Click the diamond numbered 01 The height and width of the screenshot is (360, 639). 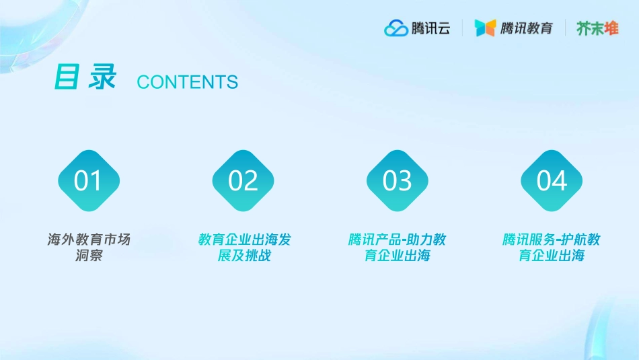coord(88,181)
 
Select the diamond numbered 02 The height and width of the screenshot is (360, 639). coord(243,181)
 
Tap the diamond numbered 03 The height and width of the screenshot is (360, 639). coord(397,181)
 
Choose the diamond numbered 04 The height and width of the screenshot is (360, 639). coord(552,181)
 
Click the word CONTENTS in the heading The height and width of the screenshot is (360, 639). coord(187,82)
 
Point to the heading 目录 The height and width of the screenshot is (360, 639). coord(85,77)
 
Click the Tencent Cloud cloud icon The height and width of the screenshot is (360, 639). coord(396,28)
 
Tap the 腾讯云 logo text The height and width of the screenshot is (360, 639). coord(430,28)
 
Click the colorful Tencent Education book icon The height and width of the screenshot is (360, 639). coord(485,28)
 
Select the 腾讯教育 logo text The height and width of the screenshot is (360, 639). coord(527,28)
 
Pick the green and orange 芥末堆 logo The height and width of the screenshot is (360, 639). coord(597,28)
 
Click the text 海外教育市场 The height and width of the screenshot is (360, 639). coord(89,240)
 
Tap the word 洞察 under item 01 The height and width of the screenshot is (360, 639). coord(89,256)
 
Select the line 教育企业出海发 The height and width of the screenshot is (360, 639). coord(244,240)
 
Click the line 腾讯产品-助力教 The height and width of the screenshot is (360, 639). coord(397,240)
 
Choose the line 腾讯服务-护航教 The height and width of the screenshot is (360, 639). coord(552,240)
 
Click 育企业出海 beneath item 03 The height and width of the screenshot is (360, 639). coord(397,256)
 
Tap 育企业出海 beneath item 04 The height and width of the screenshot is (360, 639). coord(552,256)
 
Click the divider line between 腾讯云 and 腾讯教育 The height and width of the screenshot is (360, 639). coord(462,28)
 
